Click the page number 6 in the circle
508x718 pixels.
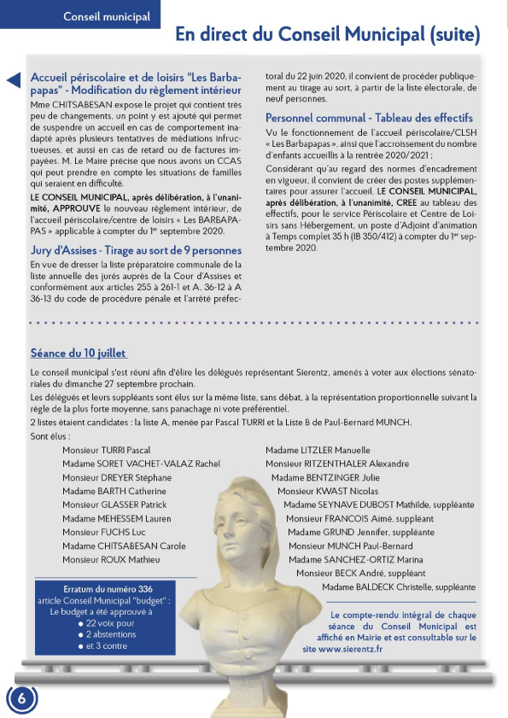coord(21,697)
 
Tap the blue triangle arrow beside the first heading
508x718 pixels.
coord(13,80)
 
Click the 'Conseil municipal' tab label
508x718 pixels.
coord(107,16)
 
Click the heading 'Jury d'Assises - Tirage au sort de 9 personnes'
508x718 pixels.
coord(136,250)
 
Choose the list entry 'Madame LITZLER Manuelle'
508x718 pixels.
coord(318,449)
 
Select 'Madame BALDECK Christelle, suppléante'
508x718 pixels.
coord(399,587)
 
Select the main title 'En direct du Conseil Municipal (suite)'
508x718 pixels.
coord(327,35)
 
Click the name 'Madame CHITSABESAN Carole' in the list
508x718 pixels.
coord(124,546)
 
